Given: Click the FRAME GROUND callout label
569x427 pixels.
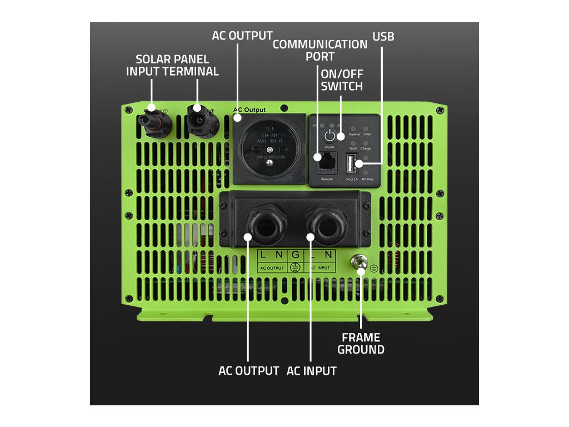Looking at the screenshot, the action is [x=361, y=344].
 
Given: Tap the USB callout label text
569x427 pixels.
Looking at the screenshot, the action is [x=383, y=37].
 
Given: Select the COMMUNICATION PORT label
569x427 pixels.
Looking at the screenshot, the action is [x=320, y=50].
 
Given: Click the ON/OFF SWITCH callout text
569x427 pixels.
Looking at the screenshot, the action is [x=342, y=80].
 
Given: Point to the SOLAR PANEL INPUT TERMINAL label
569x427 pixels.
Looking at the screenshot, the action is [x=172, y=65].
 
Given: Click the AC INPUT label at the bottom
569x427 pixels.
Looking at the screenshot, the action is [x=311, y=371].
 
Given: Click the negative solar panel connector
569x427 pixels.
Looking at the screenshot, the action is [x=153, y=121].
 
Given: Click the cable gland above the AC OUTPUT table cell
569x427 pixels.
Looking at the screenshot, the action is [x=265, y=225].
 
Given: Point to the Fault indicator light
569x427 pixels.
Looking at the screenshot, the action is [x=353, y=143].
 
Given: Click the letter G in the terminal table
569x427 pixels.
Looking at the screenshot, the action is [x=296, y=255].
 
